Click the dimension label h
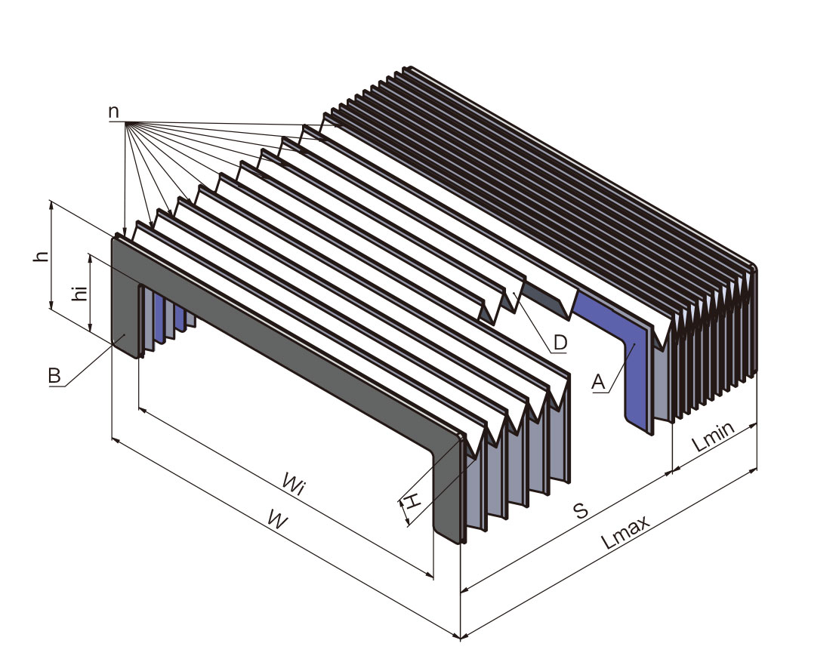[42, 256]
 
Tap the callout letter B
[54, 375]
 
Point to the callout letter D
[560, 342]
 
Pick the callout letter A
[598, 383]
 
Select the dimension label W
[278, 518]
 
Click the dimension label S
[581, 512]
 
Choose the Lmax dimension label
[625, 532]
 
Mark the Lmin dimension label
[714, 436]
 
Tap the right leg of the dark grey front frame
[447, 492]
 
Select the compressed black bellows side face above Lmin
[714, 342]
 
